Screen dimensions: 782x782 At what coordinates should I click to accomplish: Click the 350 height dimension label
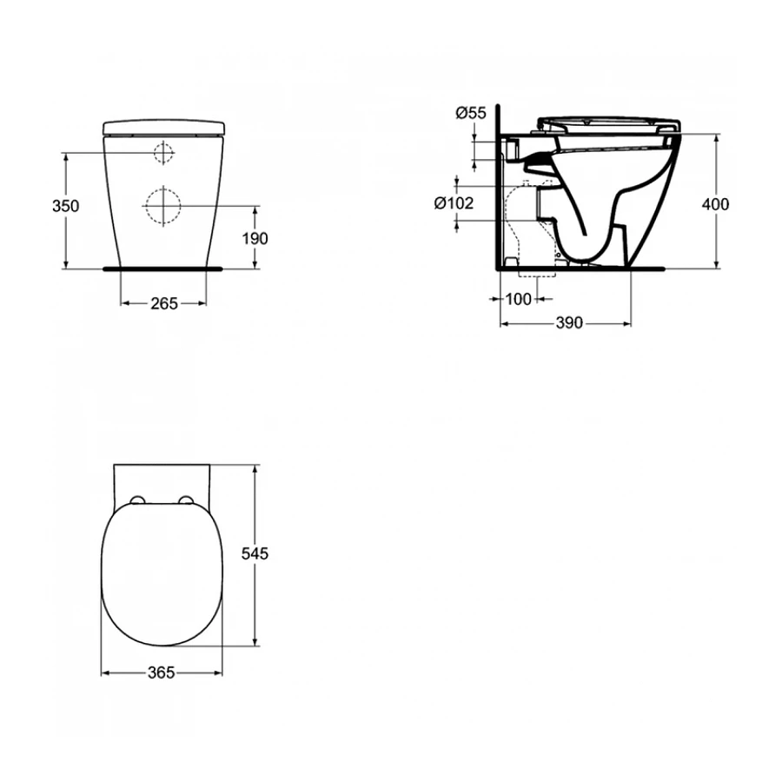click(65, 206)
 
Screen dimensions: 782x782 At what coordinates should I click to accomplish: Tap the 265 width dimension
click(163, 303)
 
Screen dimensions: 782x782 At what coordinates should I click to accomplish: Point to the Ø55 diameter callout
click(471, 112)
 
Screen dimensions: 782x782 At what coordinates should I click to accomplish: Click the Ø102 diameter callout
click(453, 202)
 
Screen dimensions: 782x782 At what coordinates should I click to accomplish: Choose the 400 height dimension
click(715, 205)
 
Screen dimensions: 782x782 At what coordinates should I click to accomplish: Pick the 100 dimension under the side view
click(518, 299)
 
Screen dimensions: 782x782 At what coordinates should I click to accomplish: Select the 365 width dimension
click(162, 673)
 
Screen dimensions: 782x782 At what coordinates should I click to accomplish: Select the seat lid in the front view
click(163, 128)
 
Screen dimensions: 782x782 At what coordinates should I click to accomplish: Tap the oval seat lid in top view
click(162, 573)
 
